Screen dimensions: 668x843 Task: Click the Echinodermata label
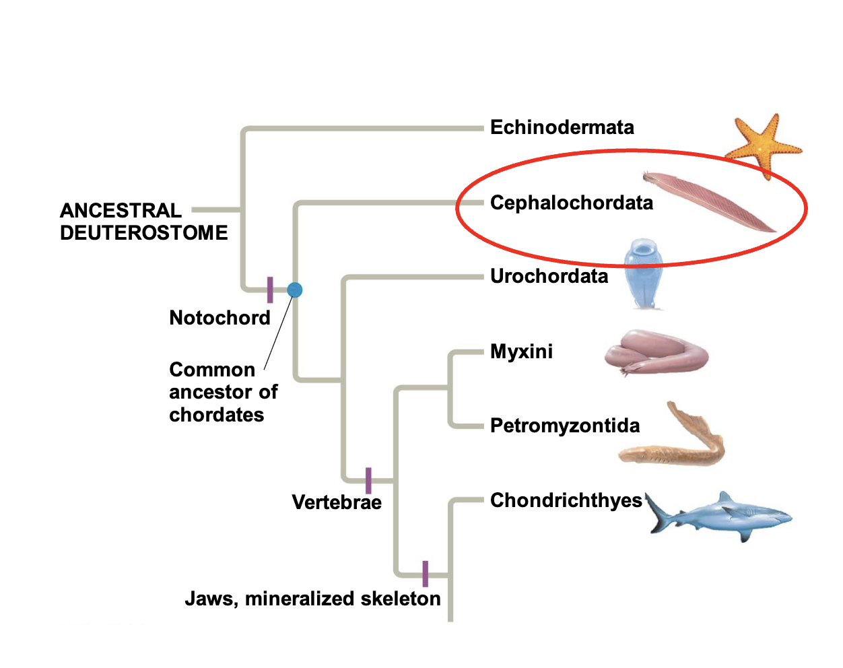coord(562,127)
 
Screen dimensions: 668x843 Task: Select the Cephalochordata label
coord(571,203)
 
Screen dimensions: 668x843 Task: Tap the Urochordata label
coord(549,276)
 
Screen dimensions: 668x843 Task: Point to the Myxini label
coord(521,352)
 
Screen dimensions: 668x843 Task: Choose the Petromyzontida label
coord(564,426)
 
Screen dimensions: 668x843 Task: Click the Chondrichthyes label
coord(566,500)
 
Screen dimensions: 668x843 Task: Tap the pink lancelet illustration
coord(707,201)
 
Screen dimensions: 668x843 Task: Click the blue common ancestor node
coord(295,290)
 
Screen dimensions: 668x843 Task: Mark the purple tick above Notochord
coord(270,290)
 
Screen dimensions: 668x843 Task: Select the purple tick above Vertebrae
coord(368,480)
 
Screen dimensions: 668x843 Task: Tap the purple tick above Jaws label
coord(425,574)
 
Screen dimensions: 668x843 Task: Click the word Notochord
coord(220,318)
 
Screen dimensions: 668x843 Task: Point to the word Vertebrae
coord(336,502)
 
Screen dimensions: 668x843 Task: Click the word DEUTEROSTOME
coord(143,233)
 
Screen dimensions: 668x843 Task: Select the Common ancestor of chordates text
coord(222,392)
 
